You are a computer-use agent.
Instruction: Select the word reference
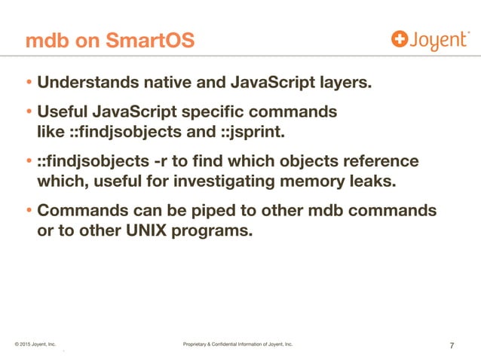[x=381, y=163]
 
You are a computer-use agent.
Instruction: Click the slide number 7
[x=451, y=346]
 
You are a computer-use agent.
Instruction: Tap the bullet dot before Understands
[x=29, y=82]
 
